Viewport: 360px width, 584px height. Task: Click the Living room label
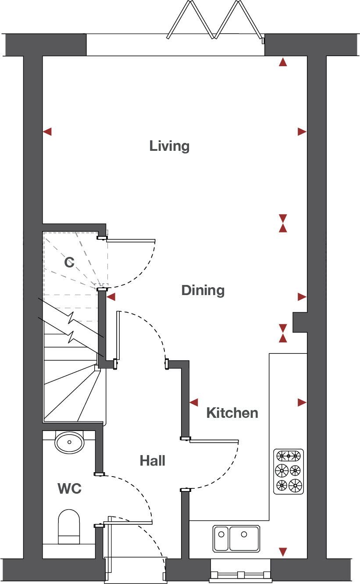click(169, 146)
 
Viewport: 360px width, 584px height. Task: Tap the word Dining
click(203, 290)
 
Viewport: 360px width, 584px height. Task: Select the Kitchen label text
click(232, 413)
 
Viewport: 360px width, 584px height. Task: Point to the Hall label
click(153, 461)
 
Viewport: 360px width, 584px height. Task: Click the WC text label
click(69, 488)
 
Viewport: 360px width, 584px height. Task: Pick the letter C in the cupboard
click(69, 262)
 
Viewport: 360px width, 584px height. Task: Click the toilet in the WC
click(69, 527)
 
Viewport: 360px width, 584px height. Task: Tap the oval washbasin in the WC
click(69, 442)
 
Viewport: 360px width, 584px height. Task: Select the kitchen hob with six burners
click(289, 472)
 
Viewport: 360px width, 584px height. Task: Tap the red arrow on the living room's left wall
click(47, 132)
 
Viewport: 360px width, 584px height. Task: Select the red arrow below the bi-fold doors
click(283, 62)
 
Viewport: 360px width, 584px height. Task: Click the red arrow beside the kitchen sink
click(283, 552)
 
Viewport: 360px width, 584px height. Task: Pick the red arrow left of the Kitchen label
click(194, 402)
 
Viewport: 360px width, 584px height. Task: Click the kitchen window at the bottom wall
click(240, 575)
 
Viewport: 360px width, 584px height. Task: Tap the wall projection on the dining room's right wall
click(300, 322)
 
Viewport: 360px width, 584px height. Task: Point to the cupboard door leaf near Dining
click(131, 241)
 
